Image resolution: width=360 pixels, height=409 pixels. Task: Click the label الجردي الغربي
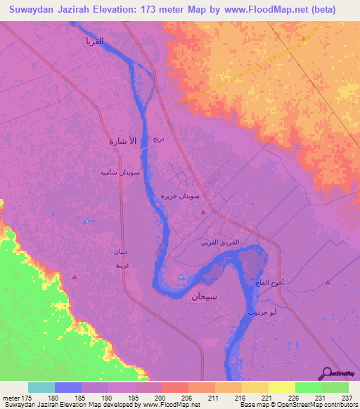pos(220,242)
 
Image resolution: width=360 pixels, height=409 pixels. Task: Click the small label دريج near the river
pos(159,140)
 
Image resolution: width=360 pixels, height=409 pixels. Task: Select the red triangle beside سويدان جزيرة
pos(204,212)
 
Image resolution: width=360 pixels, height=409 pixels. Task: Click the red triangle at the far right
pos(328,283)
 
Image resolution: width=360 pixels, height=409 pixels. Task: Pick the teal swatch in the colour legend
pos(41,387)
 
